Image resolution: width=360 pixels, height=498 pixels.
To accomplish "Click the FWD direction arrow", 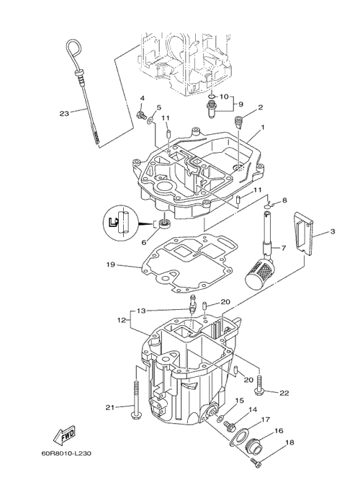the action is click(64, 435).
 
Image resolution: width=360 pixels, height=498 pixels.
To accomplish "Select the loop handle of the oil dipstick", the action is click(74, 51).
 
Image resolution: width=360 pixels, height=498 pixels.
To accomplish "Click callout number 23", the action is click(64, 113).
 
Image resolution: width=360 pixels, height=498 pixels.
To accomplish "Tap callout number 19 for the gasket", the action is click(110, 264).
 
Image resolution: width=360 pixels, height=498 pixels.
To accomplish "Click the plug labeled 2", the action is click(238, 123).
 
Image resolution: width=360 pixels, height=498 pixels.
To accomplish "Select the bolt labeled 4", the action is click(140, 115).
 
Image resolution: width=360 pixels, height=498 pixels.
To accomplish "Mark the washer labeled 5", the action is click(150, 120).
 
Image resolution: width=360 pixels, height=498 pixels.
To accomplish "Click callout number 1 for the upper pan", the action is click(263, 127).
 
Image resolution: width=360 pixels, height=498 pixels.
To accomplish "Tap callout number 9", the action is click(240, 104).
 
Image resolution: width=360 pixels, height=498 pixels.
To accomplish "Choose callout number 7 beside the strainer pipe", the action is click(284, 247).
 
